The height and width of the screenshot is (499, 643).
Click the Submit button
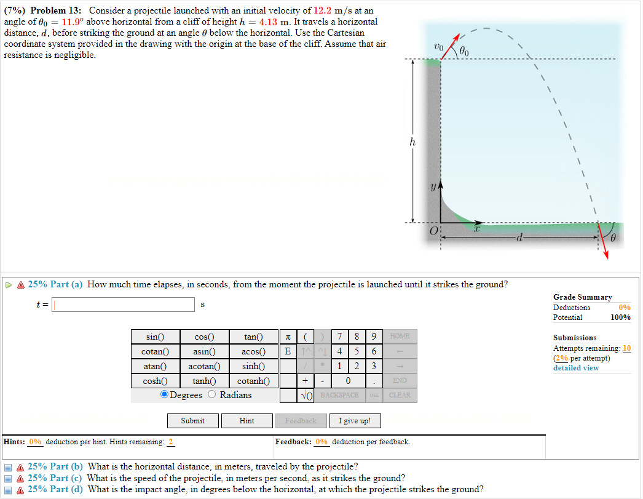pyautogui.click(x=193, y=421)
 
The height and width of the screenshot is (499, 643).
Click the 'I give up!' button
pyautogui.click(x=355, y=421)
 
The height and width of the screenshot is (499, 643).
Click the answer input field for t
pyautogui.click(x=124, y=305)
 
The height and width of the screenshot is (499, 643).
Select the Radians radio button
pyautogui.click(x=212, y=395)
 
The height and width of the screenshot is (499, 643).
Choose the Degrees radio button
pyautogui.click(x=165, y=395)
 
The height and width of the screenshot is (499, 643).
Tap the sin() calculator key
pyautogui.click(x=156, y=337)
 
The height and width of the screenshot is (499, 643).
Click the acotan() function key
pyautogui.click(x=204, y=366)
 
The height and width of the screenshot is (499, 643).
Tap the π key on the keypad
pyautogui.click(x=287, y=337)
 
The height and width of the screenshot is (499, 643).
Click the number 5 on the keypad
pyautogui.click(x=357, y=351)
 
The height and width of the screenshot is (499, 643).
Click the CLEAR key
pyautogui.click(x=400, y=395)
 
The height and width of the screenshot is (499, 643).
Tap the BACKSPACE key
pyautogui.click(x=339, y=395)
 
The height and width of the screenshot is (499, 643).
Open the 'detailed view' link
pyautogui.click(x=575, y=368)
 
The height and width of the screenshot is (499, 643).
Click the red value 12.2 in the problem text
pyautogui.click(x=325, y=10)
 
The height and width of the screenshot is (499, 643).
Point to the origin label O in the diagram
pyautogui.click(x=433, y=231)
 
